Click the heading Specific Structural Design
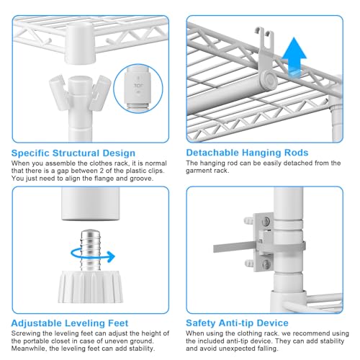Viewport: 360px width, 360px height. (x=73, y=153)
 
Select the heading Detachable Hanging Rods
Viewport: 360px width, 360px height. (x=247, y=153)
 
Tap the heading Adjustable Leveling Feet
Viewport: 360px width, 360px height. (x=70, y=323)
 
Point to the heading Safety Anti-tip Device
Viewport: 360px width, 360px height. (x=237, y=323)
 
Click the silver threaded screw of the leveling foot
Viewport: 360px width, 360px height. (x=90, y=250)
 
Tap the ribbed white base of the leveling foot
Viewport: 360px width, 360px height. (x=91, y=287)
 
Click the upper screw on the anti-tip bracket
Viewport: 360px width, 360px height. (x=266, y=222)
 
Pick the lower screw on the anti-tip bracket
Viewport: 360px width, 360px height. (x=266, y=264)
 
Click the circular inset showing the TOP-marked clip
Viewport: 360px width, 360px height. (x=138, y=89)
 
